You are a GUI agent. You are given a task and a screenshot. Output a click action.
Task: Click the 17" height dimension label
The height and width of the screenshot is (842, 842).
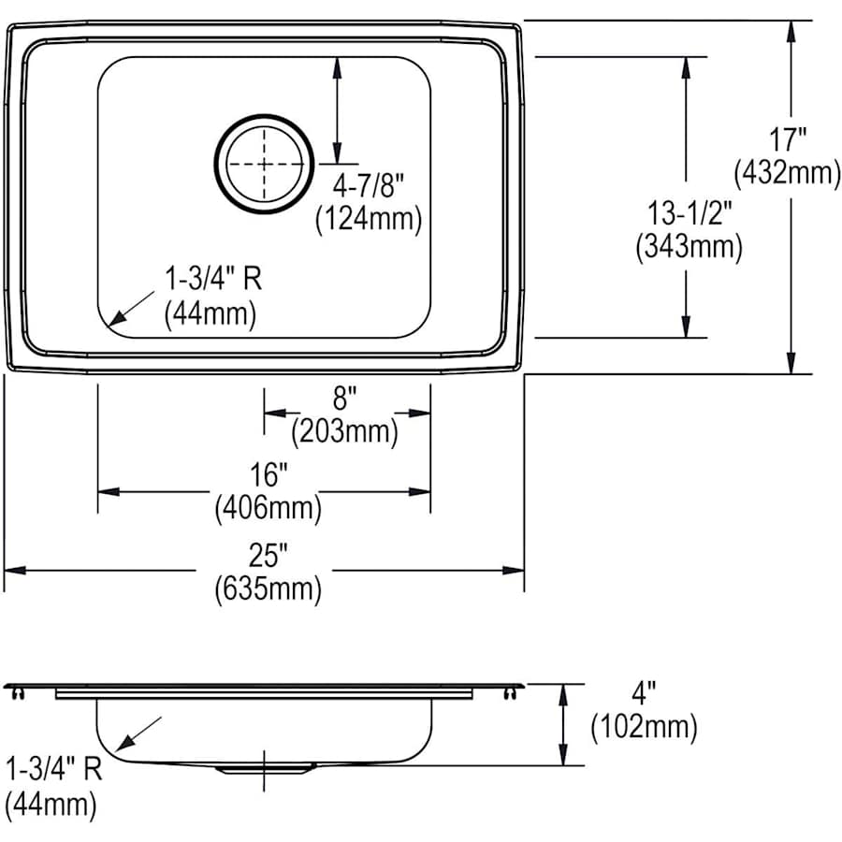787,139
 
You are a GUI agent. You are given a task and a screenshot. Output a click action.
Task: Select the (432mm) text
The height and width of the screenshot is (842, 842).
787,173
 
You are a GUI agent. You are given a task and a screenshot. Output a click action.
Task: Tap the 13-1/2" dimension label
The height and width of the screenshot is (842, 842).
690,212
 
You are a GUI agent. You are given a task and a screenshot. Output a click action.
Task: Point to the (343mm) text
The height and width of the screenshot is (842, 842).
690,247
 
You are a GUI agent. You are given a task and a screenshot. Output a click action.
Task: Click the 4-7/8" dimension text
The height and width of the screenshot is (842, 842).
368,186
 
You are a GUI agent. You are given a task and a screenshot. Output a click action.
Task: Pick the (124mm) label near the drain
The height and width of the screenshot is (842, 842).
369,219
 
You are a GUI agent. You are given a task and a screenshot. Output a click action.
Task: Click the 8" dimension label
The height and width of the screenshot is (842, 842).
344,398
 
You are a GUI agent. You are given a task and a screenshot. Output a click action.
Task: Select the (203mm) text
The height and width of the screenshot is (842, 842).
344,431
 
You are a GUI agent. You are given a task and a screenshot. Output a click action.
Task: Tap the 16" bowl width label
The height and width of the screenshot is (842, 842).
269,475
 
